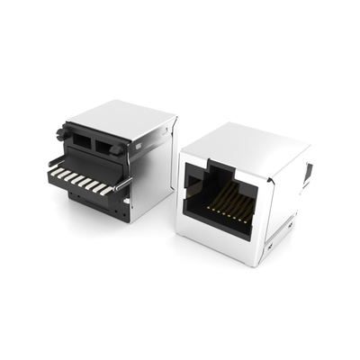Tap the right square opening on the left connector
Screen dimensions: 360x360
pyautogui.click(x=111, y=145)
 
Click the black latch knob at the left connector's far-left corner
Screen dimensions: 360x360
pyautogui.click(x=62, y=134)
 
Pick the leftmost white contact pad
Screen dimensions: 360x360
pyautogui.click(x=56, y=168)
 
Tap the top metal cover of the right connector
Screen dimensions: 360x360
pyautogui.click(x=241, y=145)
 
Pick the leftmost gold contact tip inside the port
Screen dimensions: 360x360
pyautogui.click(x=210, y=207)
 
